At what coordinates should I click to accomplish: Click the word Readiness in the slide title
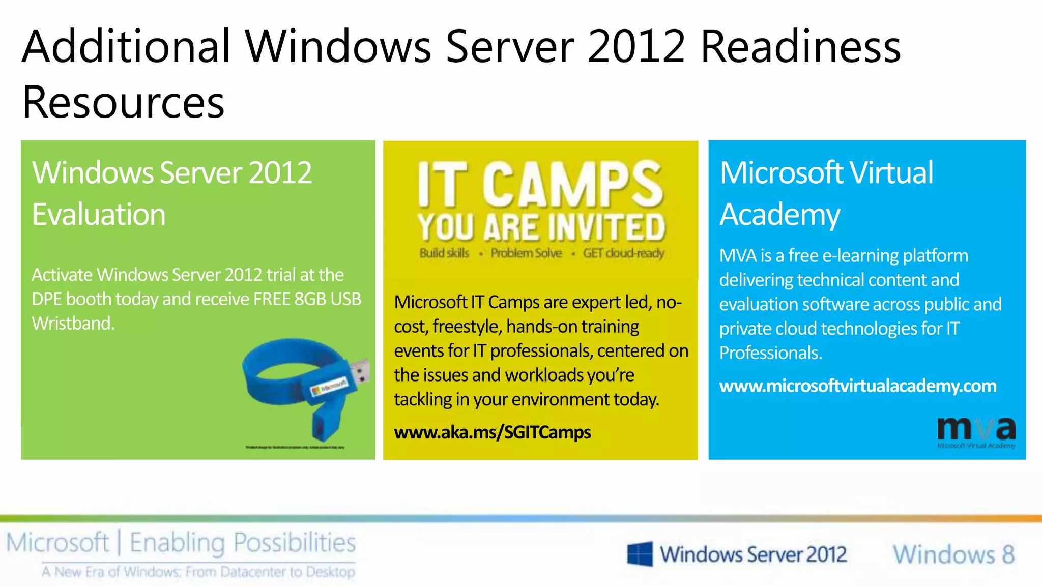(x=800, y=47)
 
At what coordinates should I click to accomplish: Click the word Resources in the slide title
(x=123, y=102)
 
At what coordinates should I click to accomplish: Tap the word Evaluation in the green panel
(x=99, y=214)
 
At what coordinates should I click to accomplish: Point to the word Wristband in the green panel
(x=73, y=324)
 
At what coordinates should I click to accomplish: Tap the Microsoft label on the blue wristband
(x=329, y=388)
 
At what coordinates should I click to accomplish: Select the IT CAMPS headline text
(x=540, y=184)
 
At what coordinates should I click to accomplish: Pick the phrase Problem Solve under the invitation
(x=526, y=253)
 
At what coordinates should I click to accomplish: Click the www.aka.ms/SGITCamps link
(x=492, y=432)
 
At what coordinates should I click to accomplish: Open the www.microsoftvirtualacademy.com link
(x=857, y=386)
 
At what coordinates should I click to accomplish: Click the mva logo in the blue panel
(x=975, y=432)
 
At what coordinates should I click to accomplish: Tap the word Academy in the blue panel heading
(x=779, y=214)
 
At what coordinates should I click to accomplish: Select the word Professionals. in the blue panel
(x=770, y=353)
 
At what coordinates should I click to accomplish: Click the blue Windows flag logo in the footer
(x=640, y=554)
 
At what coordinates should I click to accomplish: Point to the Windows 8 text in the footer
(x=953, y=554)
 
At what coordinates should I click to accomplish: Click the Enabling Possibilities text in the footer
(x=242, y=543)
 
